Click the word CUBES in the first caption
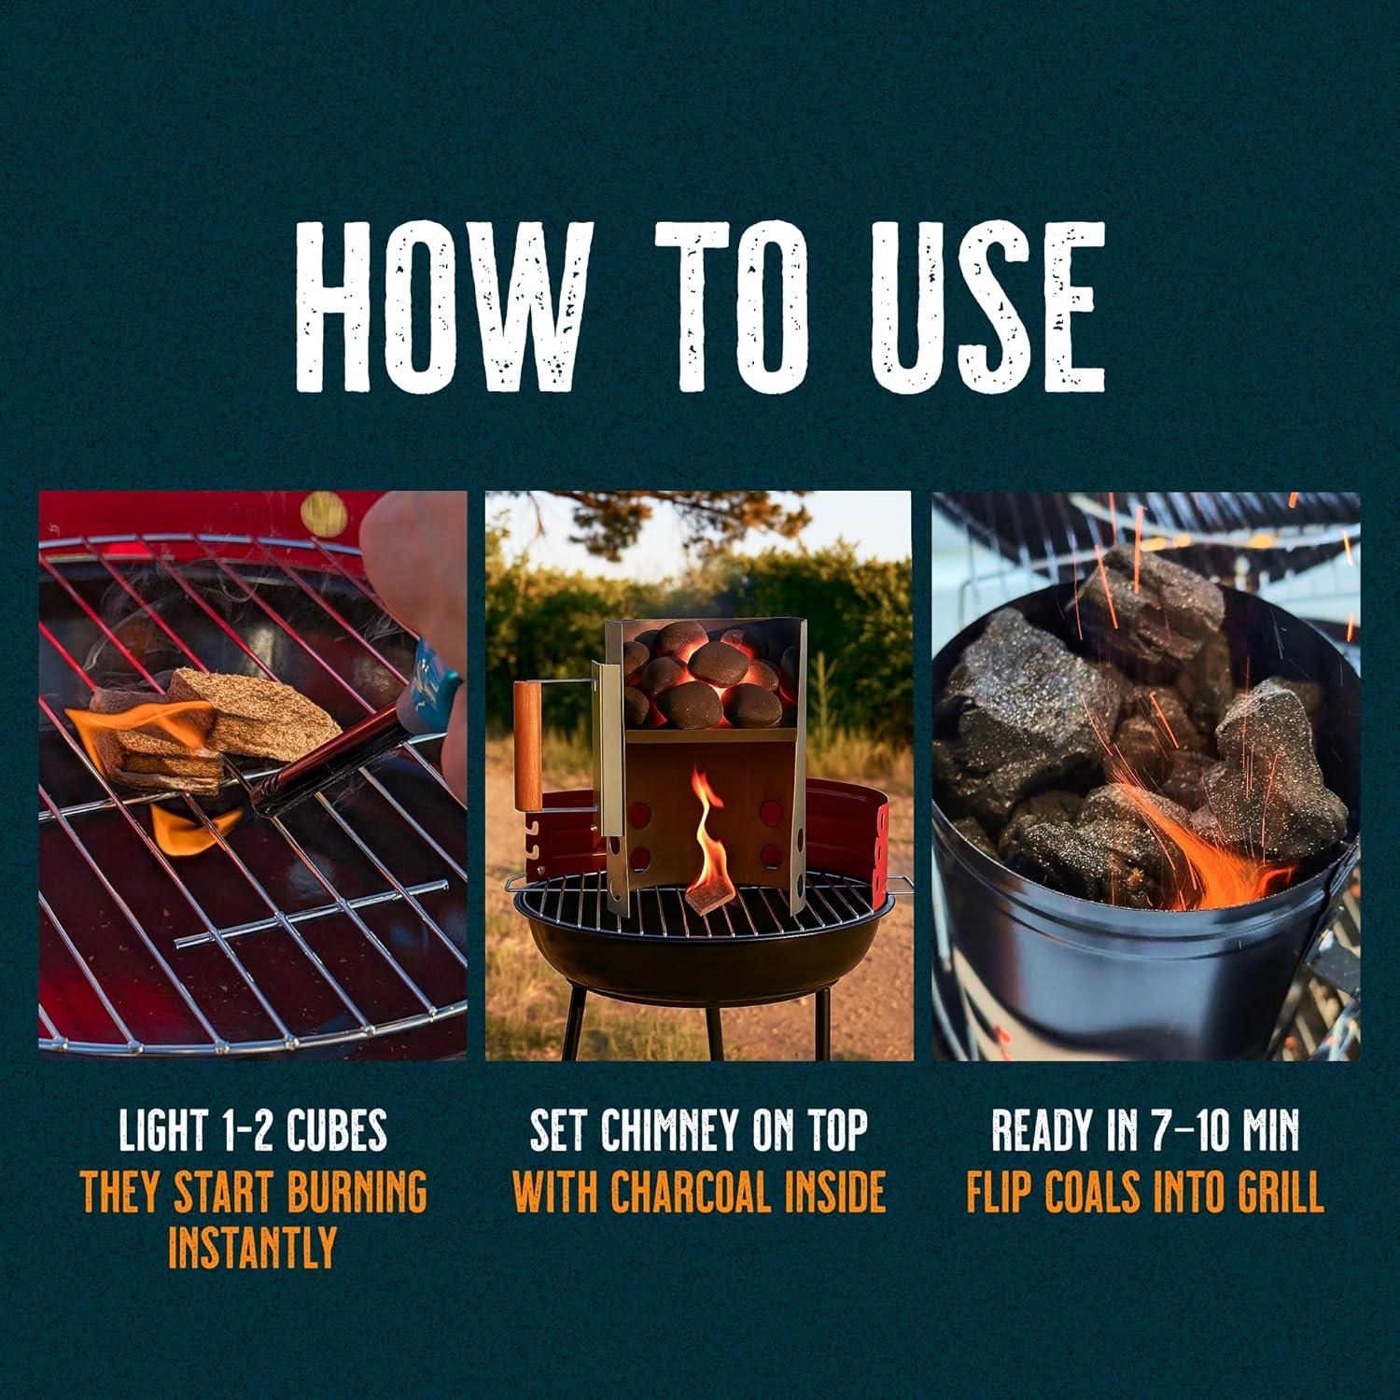pyautogui.click(x=337, y=1131)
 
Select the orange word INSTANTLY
pyautogui.click(x=253, y=1247)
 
